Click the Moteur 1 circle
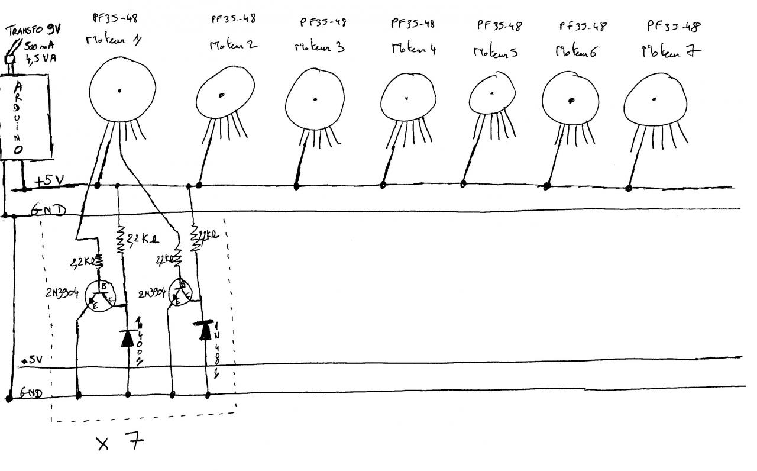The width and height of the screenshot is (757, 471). [122, 91]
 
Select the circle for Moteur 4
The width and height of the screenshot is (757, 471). [407, 97]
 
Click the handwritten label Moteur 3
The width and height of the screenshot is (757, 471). [319, 47]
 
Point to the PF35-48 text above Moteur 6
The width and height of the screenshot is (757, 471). [583, 26]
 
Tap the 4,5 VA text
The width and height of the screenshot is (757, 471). [40, 58]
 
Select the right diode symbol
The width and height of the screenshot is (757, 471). [205, 330]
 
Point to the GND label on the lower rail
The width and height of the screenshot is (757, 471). [31, 392]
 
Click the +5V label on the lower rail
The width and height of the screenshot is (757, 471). [30, 360]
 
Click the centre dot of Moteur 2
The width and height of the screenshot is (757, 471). [221, 95]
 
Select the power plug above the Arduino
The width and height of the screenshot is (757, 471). [10, 59]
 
